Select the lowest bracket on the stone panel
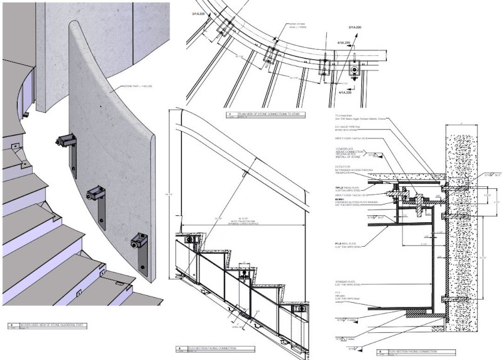click(140, 241)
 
